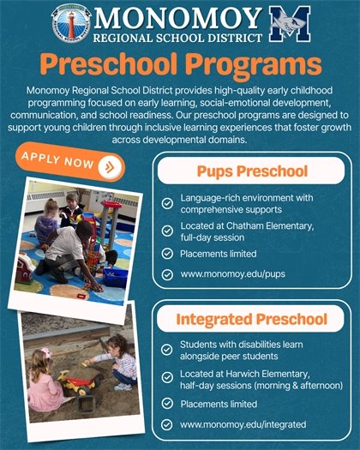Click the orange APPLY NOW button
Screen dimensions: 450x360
point(69,162)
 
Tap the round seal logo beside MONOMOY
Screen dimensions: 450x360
point(70,23)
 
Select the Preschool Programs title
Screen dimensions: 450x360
point(182,64)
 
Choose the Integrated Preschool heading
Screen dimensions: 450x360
point(253,320)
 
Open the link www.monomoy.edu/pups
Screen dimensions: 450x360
point(229,275)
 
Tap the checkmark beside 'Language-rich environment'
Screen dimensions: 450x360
point(167,204)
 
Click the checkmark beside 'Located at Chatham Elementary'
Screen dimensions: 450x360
point(167,230)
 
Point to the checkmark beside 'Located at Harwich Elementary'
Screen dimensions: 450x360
point(167,379)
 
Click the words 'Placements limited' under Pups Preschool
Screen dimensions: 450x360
point(218,254)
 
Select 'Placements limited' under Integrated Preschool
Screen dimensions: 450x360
point(218,403)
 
